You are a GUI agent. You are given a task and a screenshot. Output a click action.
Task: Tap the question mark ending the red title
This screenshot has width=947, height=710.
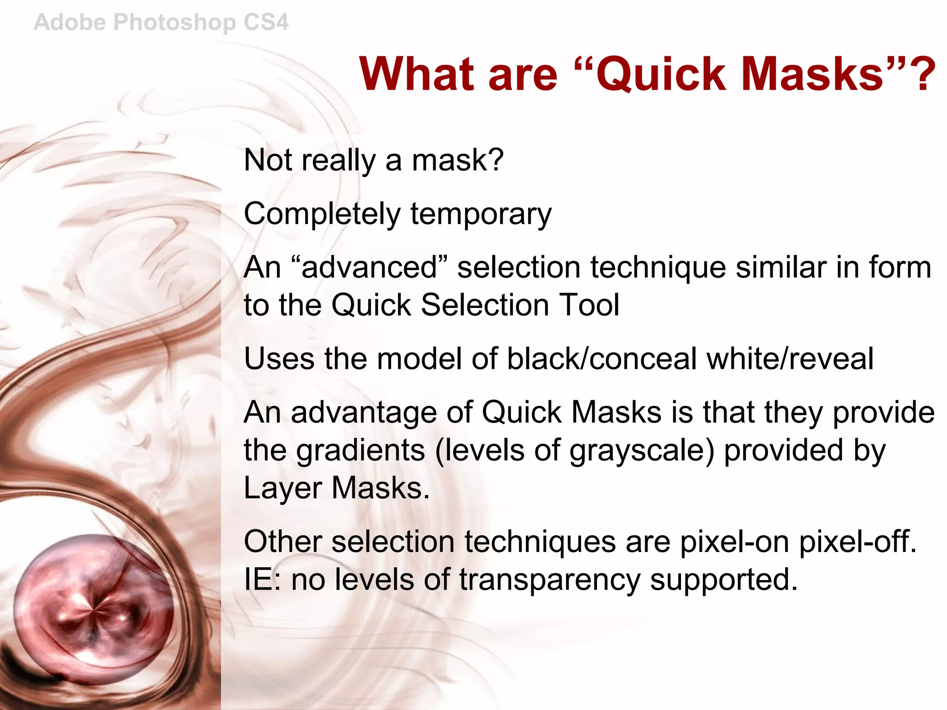pyautogui.click(x=922, y=74)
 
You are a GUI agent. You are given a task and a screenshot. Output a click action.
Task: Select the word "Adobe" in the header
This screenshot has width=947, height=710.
pyautogui.click(x=70, y=22)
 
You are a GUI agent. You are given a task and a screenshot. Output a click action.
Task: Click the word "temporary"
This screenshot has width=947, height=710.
pyautogui.click(x=481, y=214)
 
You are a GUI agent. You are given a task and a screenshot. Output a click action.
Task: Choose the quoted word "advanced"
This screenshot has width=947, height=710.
pyautogui.click(x=369, y=267)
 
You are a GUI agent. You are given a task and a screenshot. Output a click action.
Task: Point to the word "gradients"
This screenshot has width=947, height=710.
pyautogui.click(x=360, y=450)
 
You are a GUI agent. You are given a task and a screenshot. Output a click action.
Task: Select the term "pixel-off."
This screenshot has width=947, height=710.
pyautogui.click(x=858, y=541)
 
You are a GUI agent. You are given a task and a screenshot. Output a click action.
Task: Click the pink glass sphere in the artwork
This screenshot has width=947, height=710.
pyautogui.click(x=92, y=610)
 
